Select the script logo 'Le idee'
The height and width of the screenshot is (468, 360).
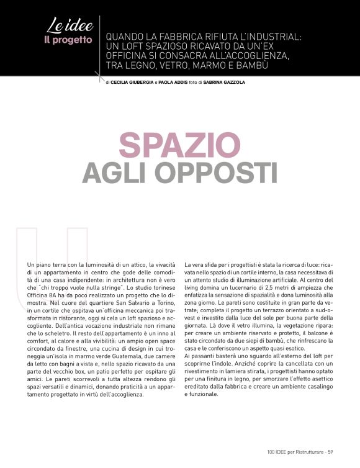click(x=70, y=27)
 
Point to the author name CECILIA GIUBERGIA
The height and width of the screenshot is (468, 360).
click(x=131, y=82)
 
